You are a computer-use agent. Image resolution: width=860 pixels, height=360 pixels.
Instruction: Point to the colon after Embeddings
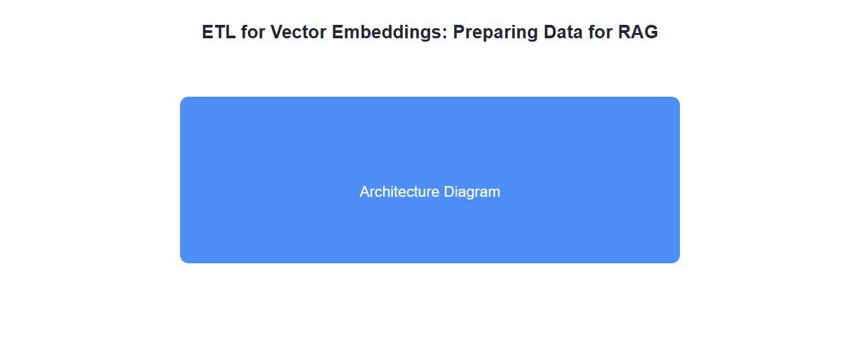(445, 34)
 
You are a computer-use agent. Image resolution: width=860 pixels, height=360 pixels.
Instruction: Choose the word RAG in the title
(638, 32)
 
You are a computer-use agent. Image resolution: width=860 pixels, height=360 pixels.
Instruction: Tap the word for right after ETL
(253, 32)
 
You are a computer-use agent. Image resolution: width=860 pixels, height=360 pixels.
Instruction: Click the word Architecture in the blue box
(399, 192)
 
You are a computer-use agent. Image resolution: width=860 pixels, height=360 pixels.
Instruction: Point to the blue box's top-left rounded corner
(182, 99)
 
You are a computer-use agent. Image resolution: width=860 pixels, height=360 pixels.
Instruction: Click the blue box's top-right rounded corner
(678, 99)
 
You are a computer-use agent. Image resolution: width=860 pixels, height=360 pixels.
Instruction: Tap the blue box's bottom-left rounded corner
(182, 261)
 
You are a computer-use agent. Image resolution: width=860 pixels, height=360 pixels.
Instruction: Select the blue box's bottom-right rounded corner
(678, 261)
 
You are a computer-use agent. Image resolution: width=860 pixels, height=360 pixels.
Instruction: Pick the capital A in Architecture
(365, 192)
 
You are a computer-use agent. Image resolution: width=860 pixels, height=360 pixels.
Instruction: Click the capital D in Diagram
(449, 192)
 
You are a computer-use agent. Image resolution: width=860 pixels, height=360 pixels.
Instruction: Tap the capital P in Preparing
(459, 32)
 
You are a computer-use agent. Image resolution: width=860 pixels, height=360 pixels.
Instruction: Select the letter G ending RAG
(652, 32)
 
